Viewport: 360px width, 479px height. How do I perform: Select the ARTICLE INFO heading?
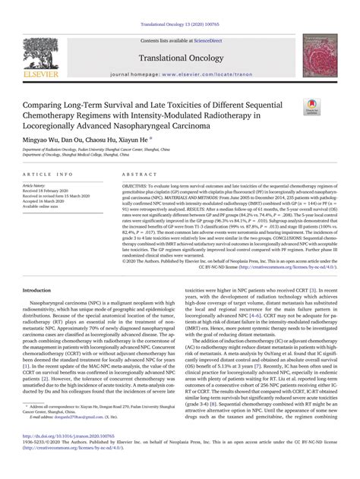point(46,174)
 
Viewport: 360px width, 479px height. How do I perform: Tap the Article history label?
point(36,185)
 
